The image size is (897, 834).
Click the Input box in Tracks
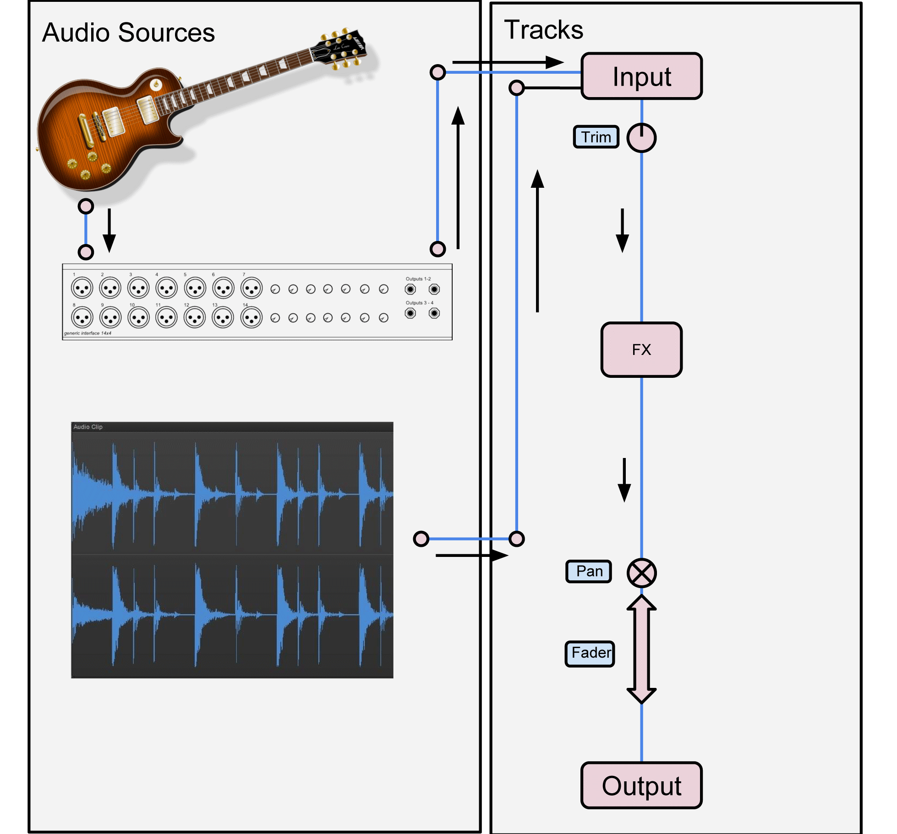click(x=641, y=76)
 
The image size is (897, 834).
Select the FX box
click(x=641, y=349)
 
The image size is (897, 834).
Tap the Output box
click(x=641, y=786)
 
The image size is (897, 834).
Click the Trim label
click(x=596, y=137)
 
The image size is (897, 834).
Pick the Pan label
click(x=589, y=571)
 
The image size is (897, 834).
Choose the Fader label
click(x=590, y=653)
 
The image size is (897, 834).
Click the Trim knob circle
click(x=641, y=138)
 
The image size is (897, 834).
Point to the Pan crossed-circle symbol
click(x=641, y=573)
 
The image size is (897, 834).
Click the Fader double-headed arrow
click(x=641, y=649)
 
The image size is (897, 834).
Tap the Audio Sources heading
click(x=128, y=33)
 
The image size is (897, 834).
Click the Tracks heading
click(x=543, y=30)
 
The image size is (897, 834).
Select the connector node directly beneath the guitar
click(x=86, y=207)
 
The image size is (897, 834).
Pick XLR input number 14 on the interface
click(x=252, y=317)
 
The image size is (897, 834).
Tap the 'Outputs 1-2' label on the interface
click(x=418, y=279)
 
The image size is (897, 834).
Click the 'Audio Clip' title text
click(x=88, y=427)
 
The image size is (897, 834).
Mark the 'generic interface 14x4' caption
click(x=88, y=333)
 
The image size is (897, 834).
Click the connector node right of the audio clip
click(x=421, y=539)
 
